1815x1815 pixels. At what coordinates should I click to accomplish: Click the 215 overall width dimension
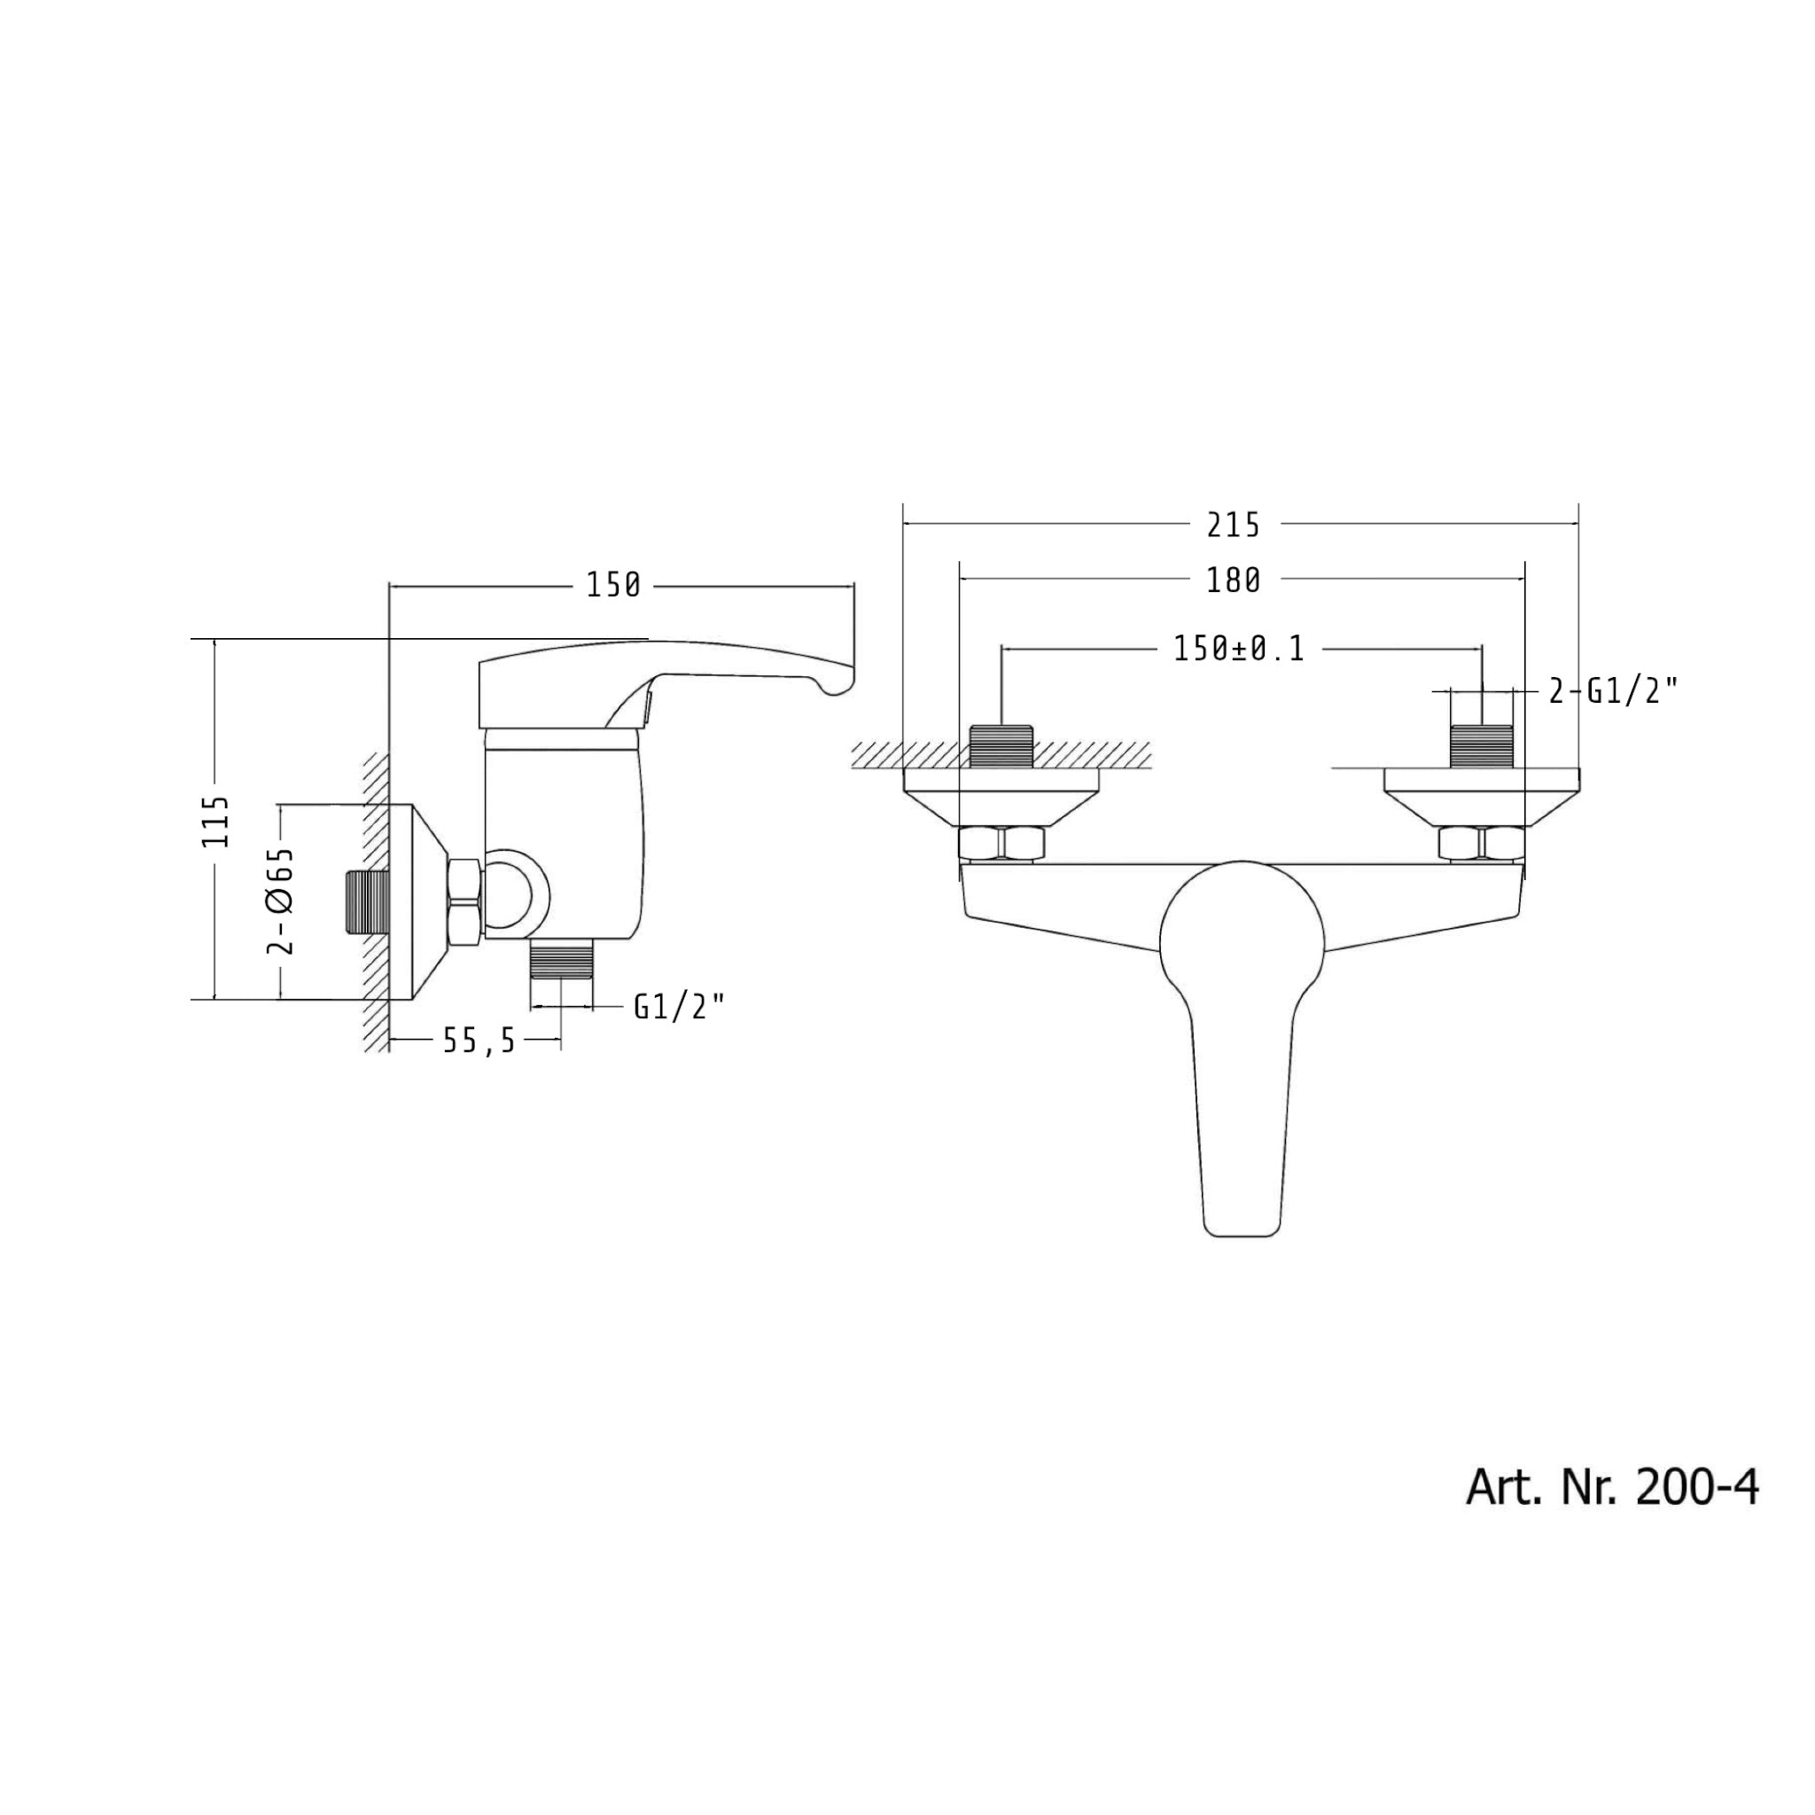coord(1233,526)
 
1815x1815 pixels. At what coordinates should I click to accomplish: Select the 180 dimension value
coord(1233,581)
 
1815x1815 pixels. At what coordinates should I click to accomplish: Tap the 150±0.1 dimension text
coord(1239,649)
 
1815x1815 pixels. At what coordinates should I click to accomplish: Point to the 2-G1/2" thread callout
coord(1612,692)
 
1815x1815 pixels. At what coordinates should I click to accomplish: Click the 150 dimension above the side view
coord(613,585)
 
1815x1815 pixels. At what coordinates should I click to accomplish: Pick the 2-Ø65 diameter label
coord(281,900)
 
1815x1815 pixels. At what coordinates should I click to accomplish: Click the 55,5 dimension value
coord(479,1041)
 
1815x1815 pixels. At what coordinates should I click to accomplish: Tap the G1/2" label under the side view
coord(679,1007)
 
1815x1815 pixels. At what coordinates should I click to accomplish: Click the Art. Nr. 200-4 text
coord(1611,1489)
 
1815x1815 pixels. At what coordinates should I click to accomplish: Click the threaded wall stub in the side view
coord(365,903)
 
